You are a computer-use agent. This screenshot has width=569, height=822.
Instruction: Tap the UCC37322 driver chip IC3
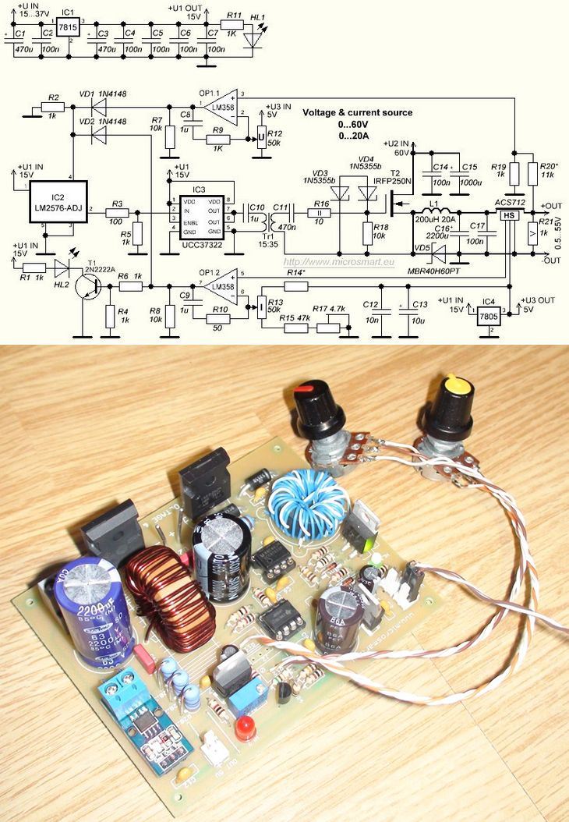click(x=198, y=215)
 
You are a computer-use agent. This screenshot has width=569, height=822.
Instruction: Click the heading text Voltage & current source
click(x=358, y=113)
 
